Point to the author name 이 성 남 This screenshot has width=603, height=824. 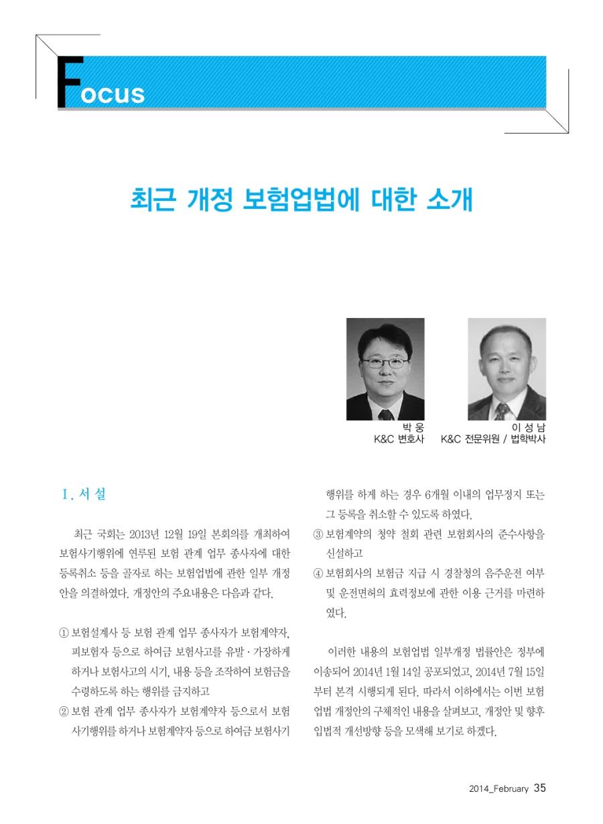tap(527, 428)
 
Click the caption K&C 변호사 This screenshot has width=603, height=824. tap(399, 440)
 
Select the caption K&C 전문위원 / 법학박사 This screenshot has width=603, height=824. tap(493, 440)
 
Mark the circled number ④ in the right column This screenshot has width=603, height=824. tap(319, 574)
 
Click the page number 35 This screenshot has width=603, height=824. tap(540, 788)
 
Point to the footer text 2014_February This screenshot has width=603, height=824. tap(499, 789)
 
